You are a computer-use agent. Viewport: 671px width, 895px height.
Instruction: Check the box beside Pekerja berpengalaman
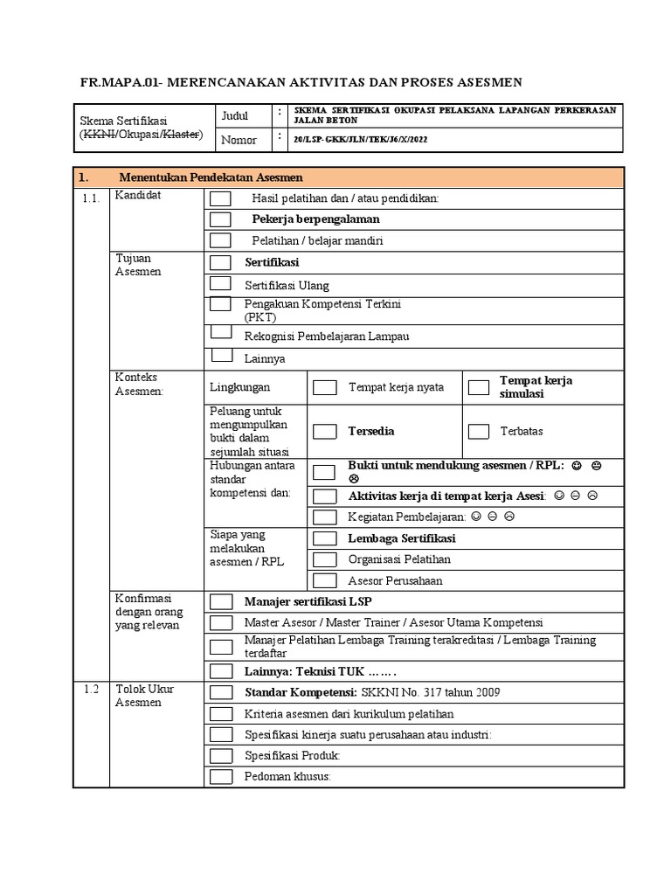pos(220,219)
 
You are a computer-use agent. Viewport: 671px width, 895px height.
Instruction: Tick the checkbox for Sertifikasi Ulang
pos(220,284)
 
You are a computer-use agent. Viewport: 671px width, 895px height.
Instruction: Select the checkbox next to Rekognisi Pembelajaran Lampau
pos(220,333)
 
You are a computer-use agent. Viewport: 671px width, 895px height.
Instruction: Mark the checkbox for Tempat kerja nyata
pos(324,387)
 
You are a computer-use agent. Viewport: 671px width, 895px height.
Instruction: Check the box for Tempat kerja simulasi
pos(478,387)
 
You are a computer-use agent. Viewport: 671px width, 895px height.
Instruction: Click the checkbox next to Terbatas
pos(478,431)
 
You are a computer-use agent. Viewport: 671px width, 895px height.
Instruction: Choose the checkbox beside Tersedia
pos(324,431)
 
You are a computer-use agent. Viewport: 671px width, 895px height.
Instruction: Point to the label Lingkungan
pos(239,387)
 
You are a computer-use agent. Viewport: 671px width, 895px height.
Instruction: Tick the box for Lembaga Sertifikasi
pos(324,538)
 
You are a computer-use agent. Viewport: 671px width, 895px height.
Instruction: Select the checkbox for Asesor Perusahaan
pos(324,580)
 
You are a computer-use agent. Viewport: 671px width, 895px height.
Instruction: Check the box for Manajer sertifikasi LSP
pos(221,602)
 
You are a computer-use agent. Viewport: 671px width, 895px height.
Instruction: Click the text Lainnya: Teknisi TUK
pos(320,671)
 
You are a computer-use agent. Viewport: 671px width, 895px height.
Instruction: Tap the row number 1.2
pos(91,690)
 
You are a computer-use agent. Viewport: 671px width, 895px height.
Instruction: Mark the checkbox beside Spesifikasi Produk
pos(221,756)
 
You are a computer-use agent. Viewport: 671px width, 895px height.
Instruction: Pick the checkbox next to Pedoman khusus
pos(221,777)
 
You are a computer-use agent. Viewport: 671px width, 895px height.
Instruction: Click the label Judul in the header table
pos(235,115)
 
